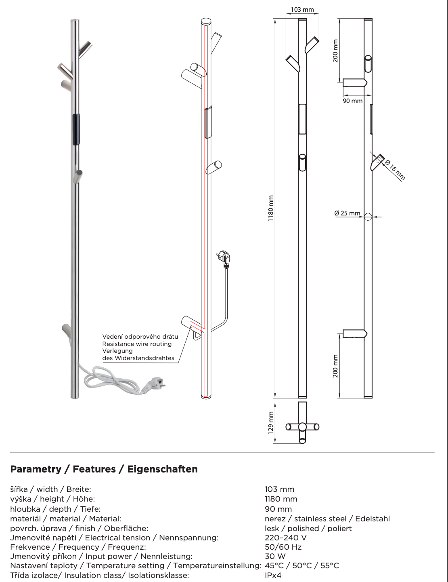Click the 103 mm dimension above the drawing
click(302, 9)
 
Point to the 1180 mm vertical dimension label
click(271, 208)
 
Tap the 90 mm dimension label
click(352, 101)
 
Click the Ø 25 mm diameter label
click(347, 213)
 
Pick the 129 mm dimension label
click(271, 423)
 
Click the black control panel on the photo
click(76, 129)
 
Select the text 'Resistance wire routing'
click(137, 344)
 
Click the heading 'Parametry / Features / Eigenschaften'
click(104, 469)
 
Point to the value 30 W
click(275, 556)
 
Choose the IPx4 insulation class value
click(273, 575)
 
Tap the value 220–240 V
click(286, 538)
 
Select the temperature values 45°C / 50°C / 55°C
click(301, 565)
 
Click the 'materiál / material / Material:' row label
click(65, 519)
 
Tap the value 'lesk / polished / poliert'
click(308, 528)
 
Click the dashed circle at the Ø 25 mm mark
click(367, 217)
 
